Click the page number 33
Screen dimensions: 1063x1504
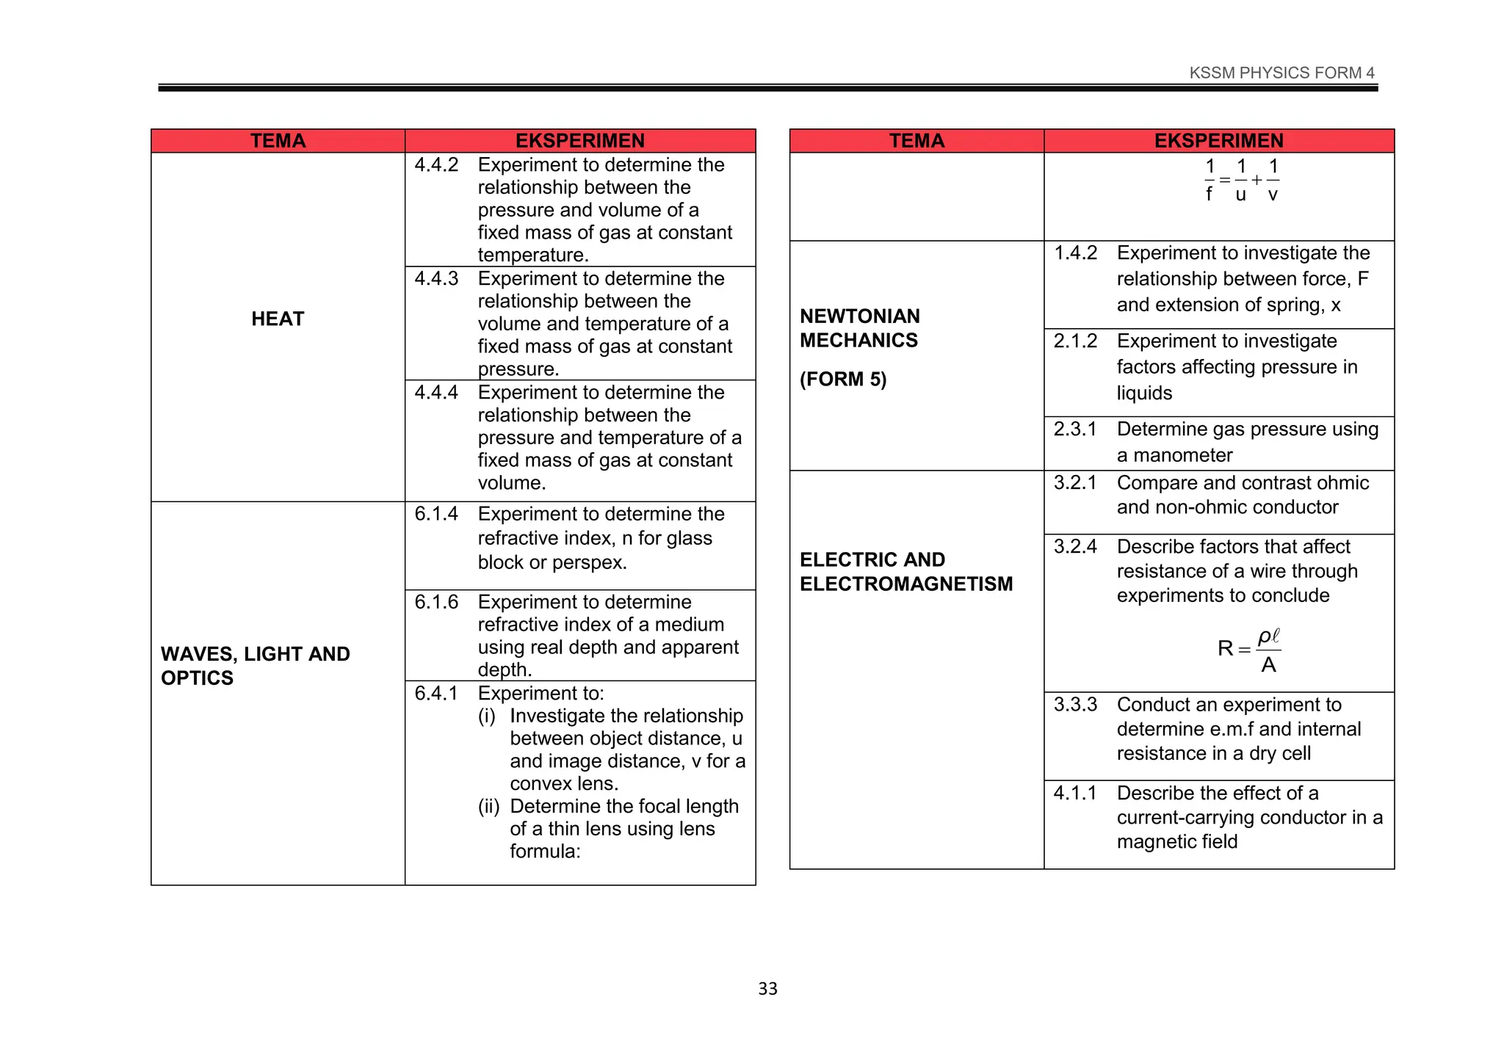click(767, 989)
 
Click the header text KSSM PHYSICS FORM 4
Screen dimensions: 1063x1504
click(1281, 73)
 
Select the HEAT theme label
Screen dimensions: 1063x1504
click(278, 319)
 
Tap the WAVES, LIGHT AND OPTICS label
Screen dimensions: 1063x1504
click(255, 666)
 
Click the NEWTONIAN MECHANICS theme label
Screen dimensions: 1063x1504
click(859, 328)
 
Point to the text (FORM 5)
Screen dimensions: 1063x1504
click(843, 380)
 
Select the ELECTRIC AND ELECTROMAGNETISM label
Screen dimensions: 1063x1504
click(905, 572)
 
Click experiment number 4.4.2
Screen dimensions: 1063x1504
click(436, 165)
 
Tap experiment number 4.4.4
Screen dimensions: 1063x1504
click(436, 393)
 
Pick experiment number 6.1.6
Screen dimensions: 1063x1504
click(436, 602)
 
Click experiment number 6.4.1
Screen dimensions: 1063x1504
click(436, 693)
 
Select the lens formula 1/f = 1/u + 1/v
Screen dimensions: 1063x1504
click(1241, 181)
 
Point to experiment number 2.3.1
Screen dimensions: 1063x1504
click(1074, 429)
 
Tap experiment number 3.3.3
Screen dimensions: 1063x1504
click(1075, 705)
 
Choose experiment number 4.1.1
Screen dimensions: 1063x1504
click(1074, 794)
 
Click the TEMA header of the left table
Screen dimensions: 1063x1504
click(278, 141)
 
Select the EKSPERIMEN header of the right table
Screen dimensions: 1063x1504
click(1218, 141)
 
